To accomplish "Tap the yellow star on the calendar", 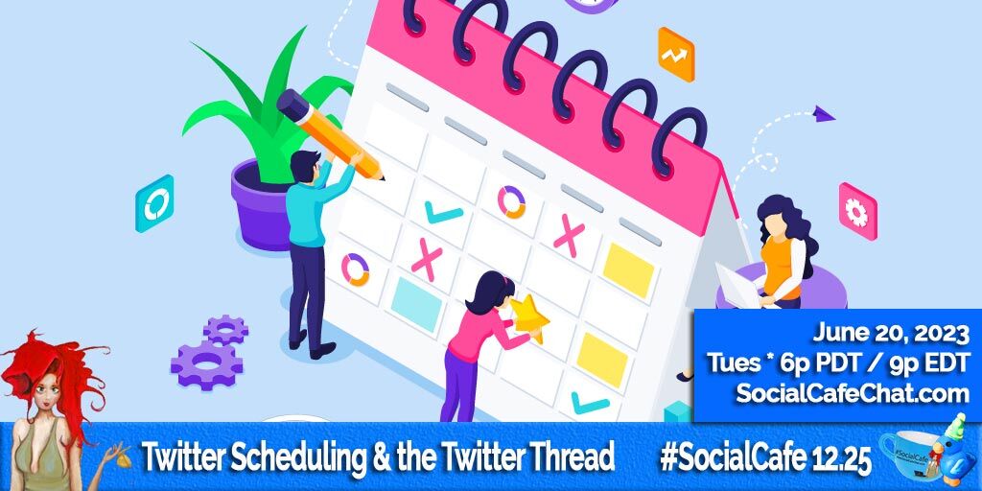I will (529, 317).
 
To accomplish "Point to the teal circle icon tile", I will (154, 203).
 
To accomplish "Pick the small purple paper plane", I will (823, 115).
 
